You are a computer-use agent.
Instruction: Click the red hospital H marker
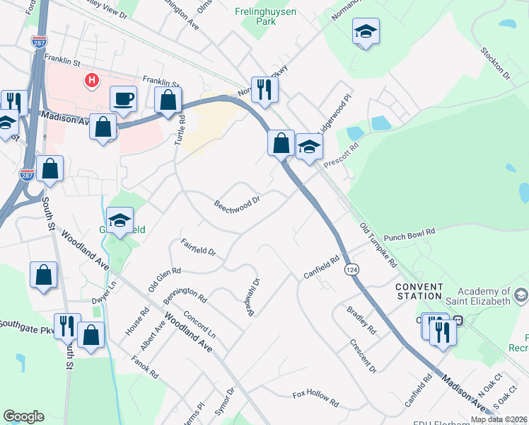tap(91, 81)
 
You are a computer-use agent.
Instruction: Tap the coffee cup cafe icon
tap(123, 98)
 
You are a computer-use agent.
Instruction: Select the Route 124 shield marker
tap(350, 270)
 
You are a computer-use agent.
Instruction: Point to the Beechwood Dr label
tap(238, 203)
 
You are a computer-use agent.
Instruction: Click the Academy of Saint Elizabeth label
tap(484, 297)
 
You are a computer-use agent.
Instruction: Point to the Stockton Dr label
tap(494, 64)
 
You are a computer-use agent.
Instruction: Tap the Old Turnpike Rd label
tap(378, 244)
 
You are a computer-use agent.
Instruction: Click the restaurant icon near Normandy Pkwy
tap(264, 89)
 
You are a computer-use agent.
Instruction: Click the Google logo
tap(23, 416)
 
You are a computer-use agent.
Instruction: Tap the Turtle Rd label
tap(180, 130)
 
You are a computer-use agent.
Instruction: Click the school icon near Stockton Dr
tap(365, 31)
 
